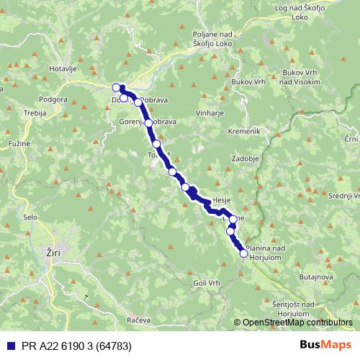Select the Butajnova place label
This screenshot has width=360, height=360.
click(315, 276)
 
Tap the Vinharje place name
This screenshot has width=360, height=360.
click(210, 113)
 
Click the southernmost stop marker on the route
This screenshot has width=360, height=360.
click(243, 253)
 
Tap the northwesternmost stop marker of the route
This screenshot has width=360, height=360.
click(117, 88)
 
